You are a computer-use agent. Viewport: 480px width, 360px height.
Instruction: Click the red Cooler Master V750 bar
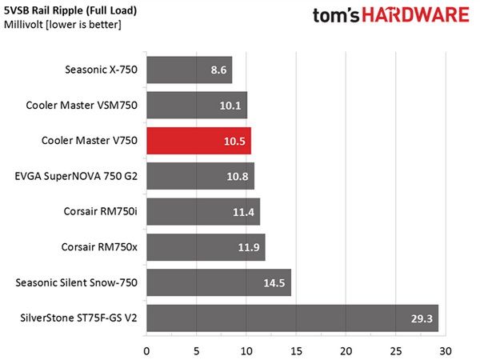tap(198, 141)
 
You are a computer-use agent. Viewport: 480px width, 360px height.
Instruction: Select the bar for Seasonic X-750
tap(189, 70)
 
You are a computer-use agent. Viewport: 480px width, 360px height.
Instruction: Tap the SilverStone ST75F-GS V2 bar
tap(292, 318)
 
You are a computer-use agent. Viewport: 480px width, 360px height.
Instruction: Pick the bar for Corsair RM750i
tap(203, 211)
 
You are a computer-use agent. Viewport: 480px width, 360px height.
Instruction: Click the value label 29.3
tap(422, 318)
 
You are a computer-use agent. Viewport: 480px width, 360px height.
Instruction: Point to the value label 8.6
tap(218, 70)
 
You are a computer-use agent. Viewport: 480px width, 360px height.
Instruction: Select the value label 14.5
tap(274, 283)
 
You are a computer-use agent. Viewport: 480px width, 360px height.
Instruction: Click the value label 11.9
tap(249, 247)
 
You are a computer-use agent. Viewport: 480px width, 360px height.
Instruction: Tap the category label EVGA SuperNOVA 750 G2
tap(76, 176)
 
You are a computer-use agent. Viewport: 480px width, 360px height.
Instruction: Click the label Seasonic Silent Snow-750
tap(77, 282)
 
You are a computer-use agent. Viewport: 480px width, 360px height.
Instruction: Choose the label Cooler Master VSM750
tap(82, 106)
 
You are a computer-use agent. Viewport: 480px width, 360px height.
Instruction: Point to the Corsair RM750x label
tap(99, 247)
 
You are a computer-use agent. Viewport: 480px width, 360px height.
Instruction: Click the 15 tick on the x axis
tap(296, 351)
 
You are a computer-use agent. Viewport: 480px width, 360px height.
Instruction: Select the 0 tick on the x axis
tap(146, 351)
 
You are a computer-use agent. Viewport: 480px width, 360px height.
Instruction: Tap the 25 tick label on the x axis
tap(395, 351)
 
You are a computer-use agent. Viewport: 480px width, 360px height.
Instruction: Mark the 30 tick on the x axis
tap(446, 351)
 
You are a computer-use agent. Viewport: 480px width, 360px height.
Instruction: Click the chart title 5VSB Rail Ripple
tap(43, 10)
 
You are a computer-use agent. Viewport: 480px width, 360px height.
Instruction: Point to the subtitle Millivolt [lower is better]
tap(62, 25)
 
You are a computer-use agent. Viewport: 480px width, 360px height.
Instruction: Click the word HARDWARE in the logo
tap(416, 14)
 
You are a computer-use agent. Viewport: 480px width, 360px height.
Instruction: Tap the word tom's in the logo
tap(336, 15)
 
